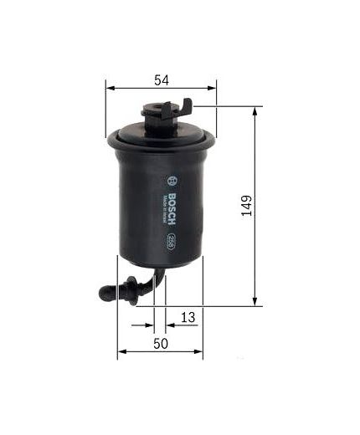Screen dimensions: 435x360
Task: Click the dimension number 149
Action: coord(245,205)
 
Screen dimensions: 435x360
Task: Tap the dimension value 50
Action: coord(161,344)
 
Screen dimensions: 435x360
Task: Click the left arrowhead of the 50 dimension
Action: coord(121,353)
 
